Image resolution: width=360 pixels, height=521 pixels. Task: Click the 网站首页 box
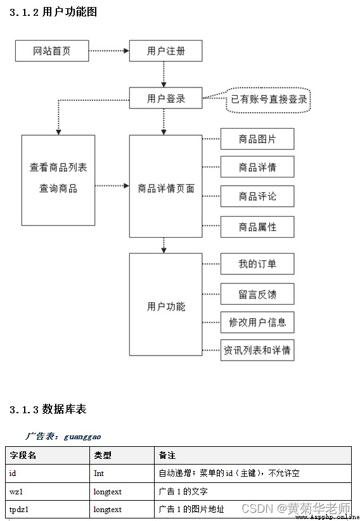click(x=52, y=51)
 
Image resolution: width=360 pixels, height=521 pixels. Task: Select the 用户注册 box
click(x=165, y=51)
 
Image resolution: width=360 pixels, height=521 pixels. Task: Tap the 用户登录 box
click(x=165, y=98)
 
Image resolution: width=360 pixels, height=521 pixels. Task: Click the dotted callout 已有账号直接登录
click(x=268, y=100)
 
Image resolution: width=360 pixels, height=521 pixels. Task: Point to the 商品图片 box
click(x=257, y=139)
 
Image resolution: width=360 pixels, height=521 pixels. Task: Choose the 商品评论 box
click(x=257, y=196)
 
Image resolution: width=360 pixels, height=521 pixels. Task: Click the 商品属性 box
click(x=257, y=227)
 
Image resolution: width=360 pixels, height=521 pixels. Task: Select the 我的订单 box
click(x=257, y=264)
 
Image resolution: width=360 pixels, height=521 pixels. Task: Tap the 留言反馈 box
click(x=257, y=294)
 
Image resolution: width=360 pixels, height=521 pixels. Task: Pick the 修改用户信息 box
click(x=257, y=323)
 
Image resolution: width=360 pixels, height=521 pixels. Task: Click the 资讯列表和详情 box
click(x=257, y=351)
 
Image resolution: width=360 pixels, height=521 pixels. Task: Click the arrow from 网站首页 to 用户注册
click(x=109, y=51)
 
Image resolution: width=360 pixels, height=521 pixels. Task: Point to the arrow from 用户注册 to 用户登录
click(x=164, y=74)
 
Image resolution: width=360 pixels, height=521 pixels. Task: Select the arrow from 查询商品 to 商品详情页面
click(x=112, y=186)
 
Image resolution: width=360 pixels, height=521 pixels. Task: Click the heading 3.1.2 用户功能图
click(x=53, y=12)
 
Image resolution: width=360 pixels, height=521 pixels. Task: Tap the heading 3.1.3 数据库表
click(x=48, y=409)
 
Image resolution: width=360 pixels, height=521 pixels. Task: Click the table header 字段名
click(x=23, y=455)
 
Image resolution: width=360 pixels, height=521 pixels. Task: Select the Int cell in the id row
click(x=99, y=473)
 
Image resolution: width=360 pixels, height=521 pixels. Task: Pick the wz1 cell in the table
click(x=16, y=491)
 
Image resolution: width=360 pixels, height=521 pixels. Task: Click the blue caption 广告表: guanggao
click(x=63, y=436)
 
